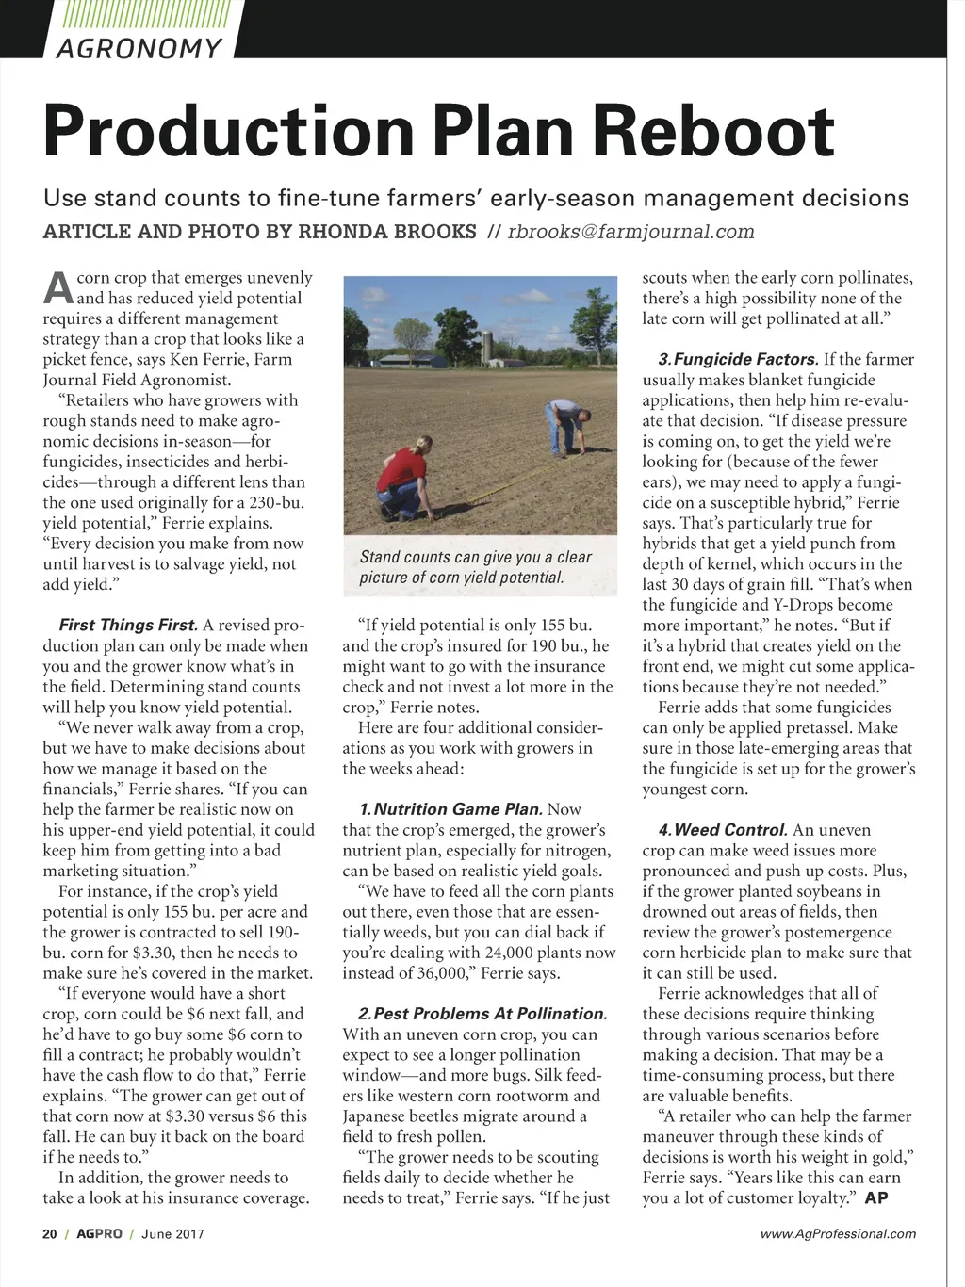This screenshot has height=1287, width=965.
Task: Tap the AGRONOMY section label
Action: pos(139,48)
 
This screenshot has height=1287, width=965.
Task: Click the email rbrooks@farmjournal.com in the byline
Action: pos(630,232)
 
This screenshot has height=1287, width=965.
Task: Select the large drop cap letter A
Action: pos(57,287)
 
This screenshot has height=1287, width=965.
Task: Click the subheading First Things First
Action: pos(128,625)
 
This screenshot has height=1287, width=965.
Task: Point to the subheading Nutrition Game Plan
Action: pos(450,809)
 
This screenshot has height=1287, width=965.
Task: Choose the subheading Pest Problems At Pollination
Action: pos(482,1014)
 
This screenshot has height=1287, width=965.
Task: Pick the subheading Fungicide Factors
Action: pos(738,359)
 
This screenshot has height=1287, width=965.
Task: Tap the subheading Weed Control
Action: pos(723,830)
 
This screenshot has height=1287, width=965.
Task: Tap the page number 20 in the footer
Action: pos(50,1233)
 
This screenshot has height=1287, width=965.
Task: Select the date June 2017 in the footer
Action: pos(172,1233)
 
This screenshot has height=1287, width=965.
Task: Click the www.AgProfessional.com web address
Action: pos(838,1233)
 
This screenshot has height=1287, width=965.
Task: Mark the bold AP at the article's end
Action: pos(876,1198)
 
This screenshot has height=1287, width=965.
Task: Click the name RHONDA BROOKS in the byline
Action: pos(387,232)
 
